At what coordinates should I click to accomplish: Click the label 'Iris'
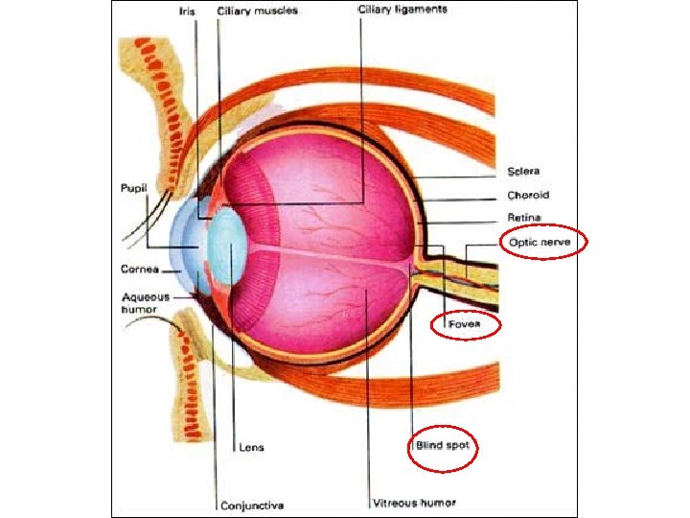click(x=186, y=12)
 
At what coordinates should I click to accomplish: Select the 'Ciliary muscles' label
click(x=258, y=12)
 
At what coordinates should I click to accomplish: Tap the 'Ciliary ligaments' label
click(x=402, y=10)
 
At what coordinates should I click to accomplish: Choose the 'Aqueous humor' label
click(x=145, y=303)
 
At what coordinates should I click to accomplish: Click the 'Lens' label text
click(x=251, y=446)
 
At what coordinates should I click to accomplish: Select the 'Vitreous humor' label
click(x=414, y=503)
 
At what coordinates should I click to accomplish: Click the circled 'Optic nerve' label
click(x=539, y=243)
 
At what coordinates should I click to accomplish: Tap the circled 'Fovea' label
click(x=462, y=326)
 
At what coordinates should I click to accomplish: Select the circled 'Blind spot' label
click(x=441, y=446)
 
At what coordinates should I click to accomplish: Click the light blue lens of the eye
click(x=228, y=245)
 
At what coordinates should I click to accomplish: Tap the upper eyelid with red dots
click(x=167, y=106)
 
